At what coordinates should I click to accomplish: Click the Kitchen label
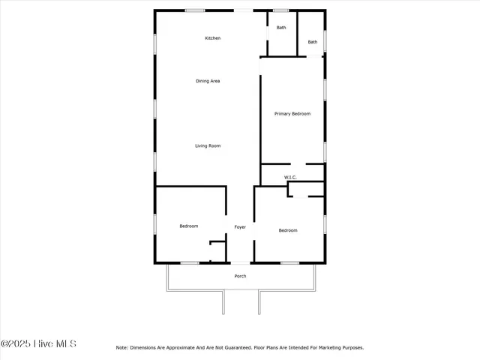click(213, 38)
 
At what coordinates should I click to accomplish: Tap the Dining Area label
click(208, 81)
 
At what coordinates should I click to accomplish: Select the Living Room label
click(208, 145)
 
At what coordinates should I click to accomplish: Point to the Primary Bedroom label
click(292, 114)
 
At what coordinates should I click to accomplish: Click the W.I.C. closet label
click(290, 178)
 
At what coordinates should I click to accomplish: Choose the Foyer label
click(240, 227)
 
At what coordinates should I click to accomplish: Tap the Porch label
click(240, 276)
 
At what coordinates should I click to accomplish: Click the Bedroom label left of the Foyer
click(188, 226)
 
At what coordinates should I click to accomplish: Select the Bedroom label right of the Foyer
click(288, 230)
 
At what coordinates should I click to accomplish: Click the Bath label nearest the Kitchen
click(281, 28)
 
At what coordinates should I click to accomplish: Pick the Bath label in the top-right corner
click(312, 42)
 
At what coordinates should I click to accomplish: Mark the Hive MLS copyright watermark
click(39, 344)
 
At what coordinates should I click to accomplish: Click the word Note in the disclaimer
click(121, 348)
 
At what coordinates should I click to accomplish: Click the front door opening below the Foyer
click(240, 262)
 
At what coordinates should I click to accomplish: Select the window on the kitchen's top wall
click(196, 10)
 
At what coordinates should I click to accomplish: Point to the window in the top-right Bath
click(325, 41)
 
